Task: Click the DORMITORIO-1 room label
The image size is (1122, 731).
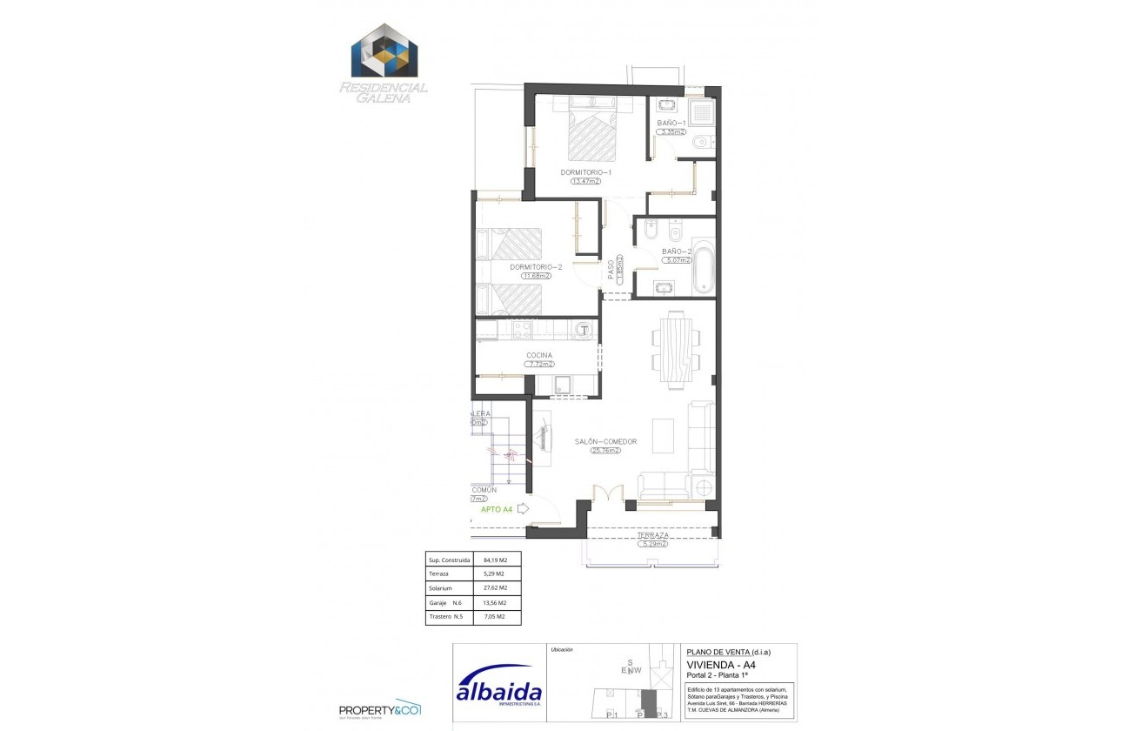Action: coord(586,172)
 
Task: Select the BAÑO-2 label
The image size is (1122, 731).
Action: coord(676,251)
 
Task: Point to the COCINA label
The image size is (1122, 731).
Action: coord(539,355)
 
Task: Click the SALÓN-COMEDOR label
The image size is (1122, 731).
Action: coord(605,441)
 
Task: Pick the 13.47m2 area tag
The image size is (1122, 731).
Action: coord(586,182)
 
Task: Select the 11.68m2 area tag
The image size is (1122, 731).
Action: coord(536,276)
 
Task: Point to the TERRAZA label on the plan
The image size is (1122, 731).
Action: coord(651,535)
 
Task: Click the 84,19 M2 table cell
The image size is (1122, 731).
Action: coord(494,560)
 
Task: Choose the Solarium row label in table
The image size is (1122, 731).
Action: coord(440,588)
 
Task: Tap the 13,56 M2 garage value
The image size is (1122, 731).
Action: coord(494,602)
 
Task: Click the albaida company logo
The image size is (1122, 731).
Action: coord(499,693)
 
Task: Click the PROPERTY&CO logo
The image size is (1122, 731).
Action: coord(380,709)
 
